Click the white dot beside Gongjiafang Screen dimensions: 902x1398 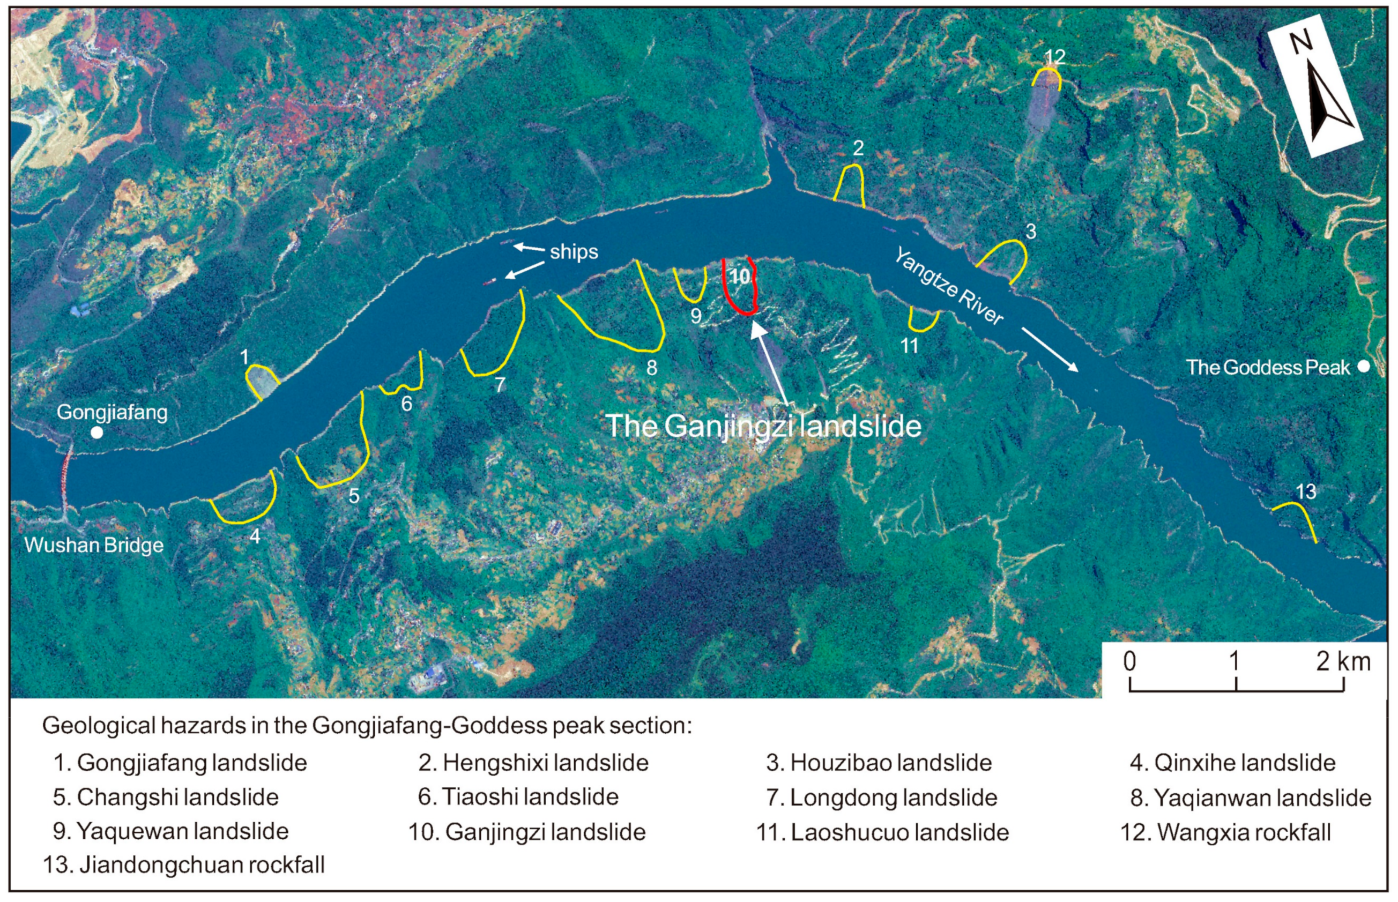97,433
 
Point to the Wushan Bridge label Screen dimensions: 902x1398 94,545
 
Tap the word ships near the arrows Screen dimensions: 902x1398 574,252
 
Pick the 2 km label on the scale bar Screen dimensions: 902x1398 1343,662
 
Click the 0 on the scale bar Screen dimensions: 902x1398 1130,662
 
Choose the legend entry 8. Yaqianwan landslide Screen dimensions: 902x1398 1251,797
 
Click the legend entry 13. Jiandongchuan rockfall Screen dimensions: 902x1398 183,865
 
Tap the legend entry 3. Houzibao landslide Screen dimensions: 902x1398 879,763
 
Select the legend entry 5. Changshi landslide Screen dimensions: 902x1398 166,797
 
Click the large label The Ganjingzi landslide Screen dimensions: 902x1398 763,426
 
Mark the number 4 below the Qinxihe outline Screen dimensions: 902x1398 254,535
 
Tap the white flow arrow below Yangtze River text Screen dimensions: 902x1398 1050,349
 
